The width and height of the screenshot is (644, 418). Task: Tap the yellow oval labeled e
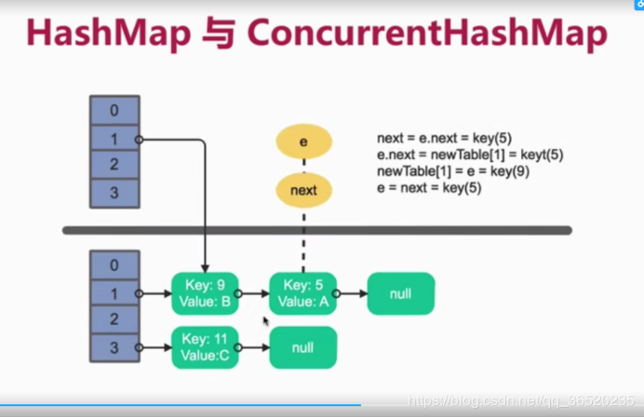303,141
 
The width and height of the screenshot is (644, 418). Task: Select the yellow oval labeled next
303,190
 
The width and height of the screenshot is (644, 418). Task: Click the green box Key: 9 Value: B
205,293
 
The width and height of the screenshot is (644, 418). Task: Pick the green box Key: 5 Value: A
302,293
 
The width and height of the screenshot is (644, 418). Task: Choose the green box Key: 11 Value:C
205,347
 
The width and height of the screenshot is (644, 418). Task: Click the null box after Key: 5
400,293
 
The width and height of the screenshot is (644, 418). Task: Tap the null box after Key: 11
302,347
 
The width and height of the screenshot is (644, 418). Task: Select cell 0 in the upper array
114,111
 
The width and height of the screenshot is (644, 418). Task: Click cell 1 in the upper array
114,139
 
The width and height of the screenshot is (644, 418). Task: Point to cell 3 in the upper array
114,194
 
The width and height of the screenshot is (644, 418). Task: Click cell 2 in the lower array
114,320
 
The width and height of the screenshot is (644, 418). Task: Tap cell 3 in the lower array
114,347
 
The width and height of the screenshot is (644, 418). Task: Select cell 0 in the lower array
114,265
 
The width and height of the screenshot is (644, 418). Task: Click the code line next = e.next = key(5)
444,139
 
